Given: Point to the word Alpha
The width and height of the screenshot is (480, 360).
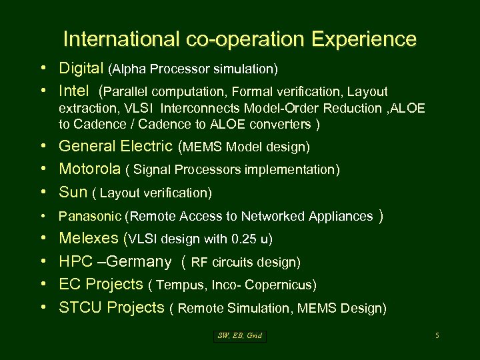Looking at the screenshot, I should coord(130,69).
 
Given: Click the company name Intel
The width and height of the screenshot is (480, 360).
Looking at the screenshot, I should coord(74,91).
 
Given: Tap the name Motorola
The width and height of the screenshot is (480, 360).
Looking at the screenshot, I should coord(90,169).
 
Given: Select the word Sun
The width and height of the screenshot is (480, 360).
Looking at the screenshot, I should coord(73,193).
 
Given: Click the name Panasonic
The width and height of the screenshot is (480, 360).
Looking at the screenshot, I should coord(90,216).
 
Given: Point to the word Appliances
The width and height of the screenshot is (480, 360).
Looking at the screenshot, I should coord(340,216).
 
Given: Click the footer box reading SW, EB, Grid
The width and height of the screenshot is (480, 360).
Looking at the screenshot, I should coord(240,336).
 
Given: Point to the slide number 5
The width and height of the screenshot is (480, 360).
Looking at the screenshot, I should coord(437,336).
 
